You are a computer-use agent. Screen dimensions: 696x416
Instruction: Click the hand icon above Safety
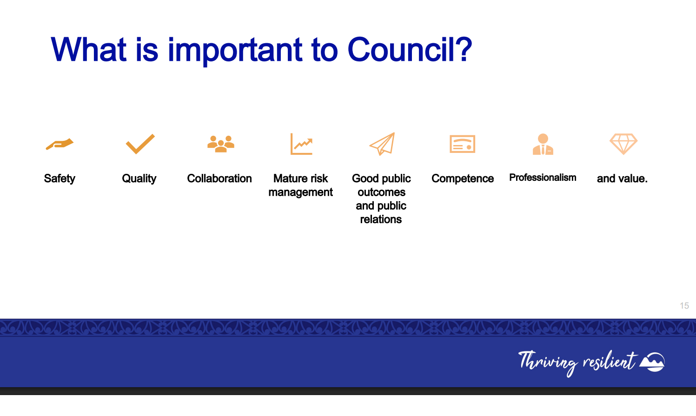(60, 144)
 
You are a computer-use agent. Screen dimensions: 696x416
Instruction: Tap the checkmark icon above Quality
(140, 144)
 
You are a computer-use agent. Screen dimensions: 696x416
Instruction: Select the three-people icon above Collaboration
(220, 144)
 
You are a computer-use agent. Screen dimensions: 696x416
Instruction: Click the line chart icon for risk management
(301, 144)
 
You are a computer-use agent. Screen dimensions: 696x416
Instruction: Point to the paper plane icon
(383, 144)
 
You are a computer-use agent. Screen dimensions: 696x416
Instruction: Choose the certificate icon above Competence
(462, 144)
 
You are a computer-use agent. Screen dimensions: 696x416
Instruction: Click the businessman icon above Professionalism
(543, 144)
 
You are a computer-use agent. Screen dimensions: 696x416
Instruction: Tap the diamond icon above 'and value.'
(623, 144)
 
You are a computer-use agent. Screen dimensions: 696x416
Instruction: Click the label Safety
(60, 178)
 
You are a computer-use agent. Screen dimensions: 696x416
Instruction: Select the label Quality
(139, 178)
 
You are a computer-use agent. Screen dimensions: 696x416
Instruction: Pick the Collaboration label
(219, 178)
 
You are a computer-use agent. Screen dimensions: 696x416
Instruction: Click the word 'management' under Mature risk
(300, 192)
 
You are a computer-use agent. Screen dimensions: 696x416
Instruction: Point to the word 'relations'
(381, 219)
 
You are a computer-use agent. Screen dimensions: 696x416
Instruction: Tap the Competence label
(463, 178)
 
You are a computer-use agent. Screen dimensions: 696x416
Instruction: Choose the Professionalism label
(543, 178)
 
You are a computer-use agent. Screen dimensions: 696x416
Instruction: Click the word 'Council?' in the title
(410, 50)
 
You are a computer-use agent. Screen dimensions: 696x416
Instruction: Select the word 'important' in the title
(235, 51)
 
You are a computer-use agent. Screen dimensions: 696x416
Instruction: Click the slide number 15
(684, 306)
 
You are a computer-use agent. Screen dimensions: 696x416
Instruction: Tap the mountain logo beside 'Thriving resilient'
(652, 362)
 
